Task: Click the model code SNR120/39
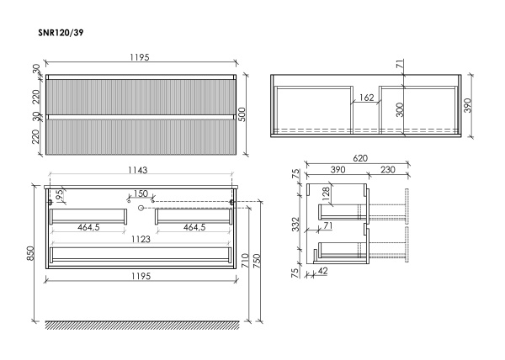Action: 61,33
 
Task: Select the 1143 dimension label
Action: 138,170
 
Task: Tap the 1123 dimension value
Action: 141,239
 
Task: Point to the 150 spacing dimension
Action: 141,193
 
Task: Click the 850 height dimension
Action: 30,254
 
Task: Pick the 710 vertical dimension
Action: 245,262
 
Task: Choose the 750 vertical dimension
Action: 257,262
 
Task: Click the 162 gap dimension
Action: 366,98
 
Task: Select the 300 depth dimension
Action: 400,109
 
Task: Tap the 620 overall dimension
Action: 360,158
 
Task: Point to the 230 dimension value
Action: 387,170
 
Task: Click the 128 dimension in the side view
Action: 327,194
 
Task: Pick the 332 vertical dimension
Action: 295,225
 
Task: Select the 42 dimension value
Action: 322,271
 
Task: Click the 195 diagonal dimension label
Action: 59,196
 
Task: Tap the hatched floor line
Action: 142,326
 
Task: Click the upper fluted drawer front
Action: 141,98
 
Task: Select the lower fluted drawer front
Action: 141,137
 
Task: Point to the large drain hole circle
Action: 141,208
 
